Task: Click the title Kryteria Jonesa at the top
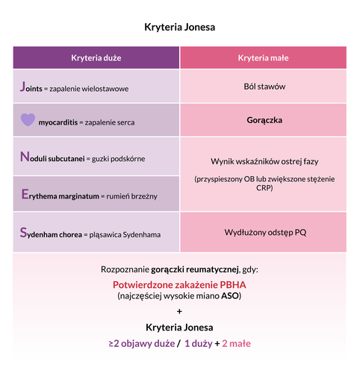click(x=179, y=27)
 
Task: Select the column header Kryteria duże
click(x=96, y=57)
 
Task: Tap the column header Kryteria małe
click(x=263, y=57)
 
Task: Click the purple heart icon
click(x=28, y=119)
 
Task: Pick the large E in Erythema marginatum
click(x=25, y=195)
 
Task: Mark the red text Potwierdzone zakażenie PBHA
click(x=179, y=285)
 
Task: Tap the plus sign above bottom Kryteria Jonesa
click(x=179, y=311)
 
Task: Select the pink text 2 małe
click(x=236, y=343)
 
